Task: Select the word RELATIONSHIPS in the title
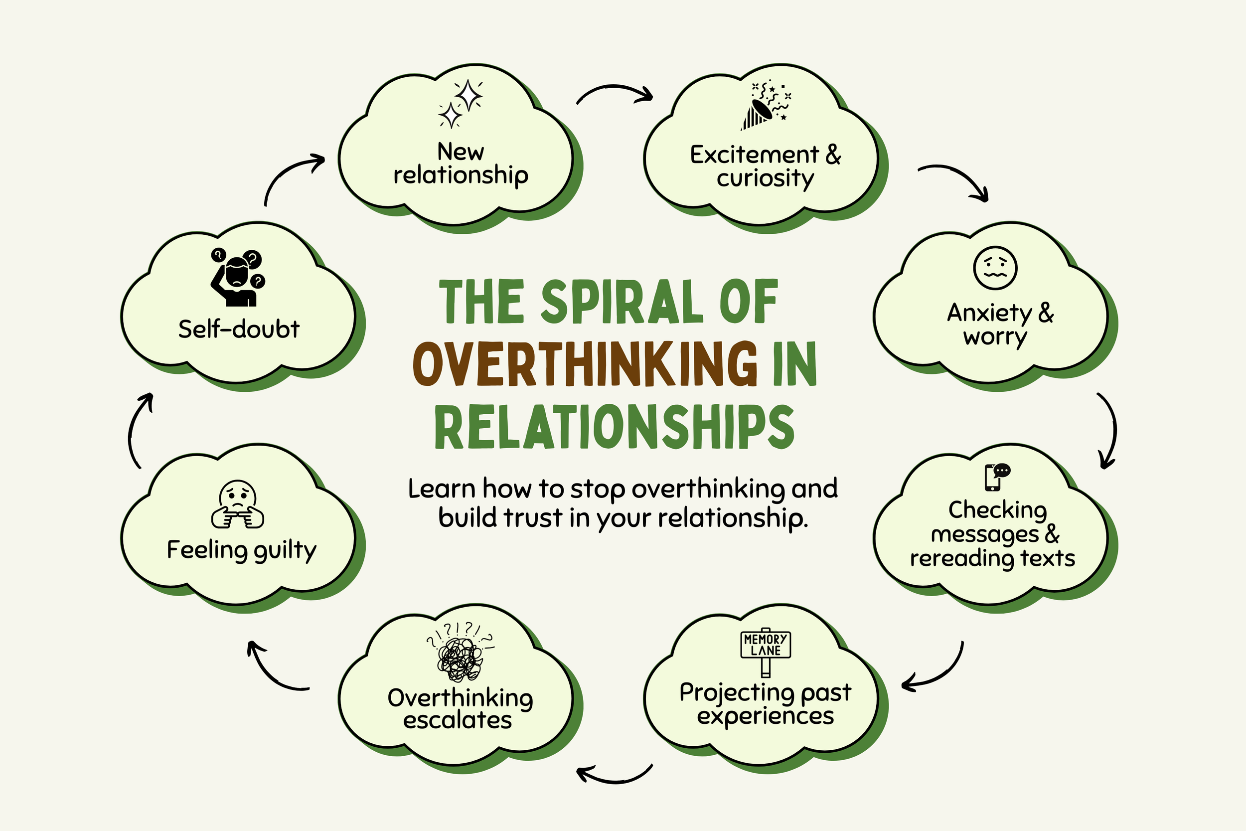click(615, 427)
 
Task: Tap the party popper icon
click(766, 106)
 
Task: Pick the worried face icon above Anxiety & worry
click(995, 268)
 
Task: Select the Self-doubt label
click(239, 329)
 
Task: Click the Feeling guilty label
click(242, 550)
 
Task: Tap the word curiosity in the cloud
click(765, 178)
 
